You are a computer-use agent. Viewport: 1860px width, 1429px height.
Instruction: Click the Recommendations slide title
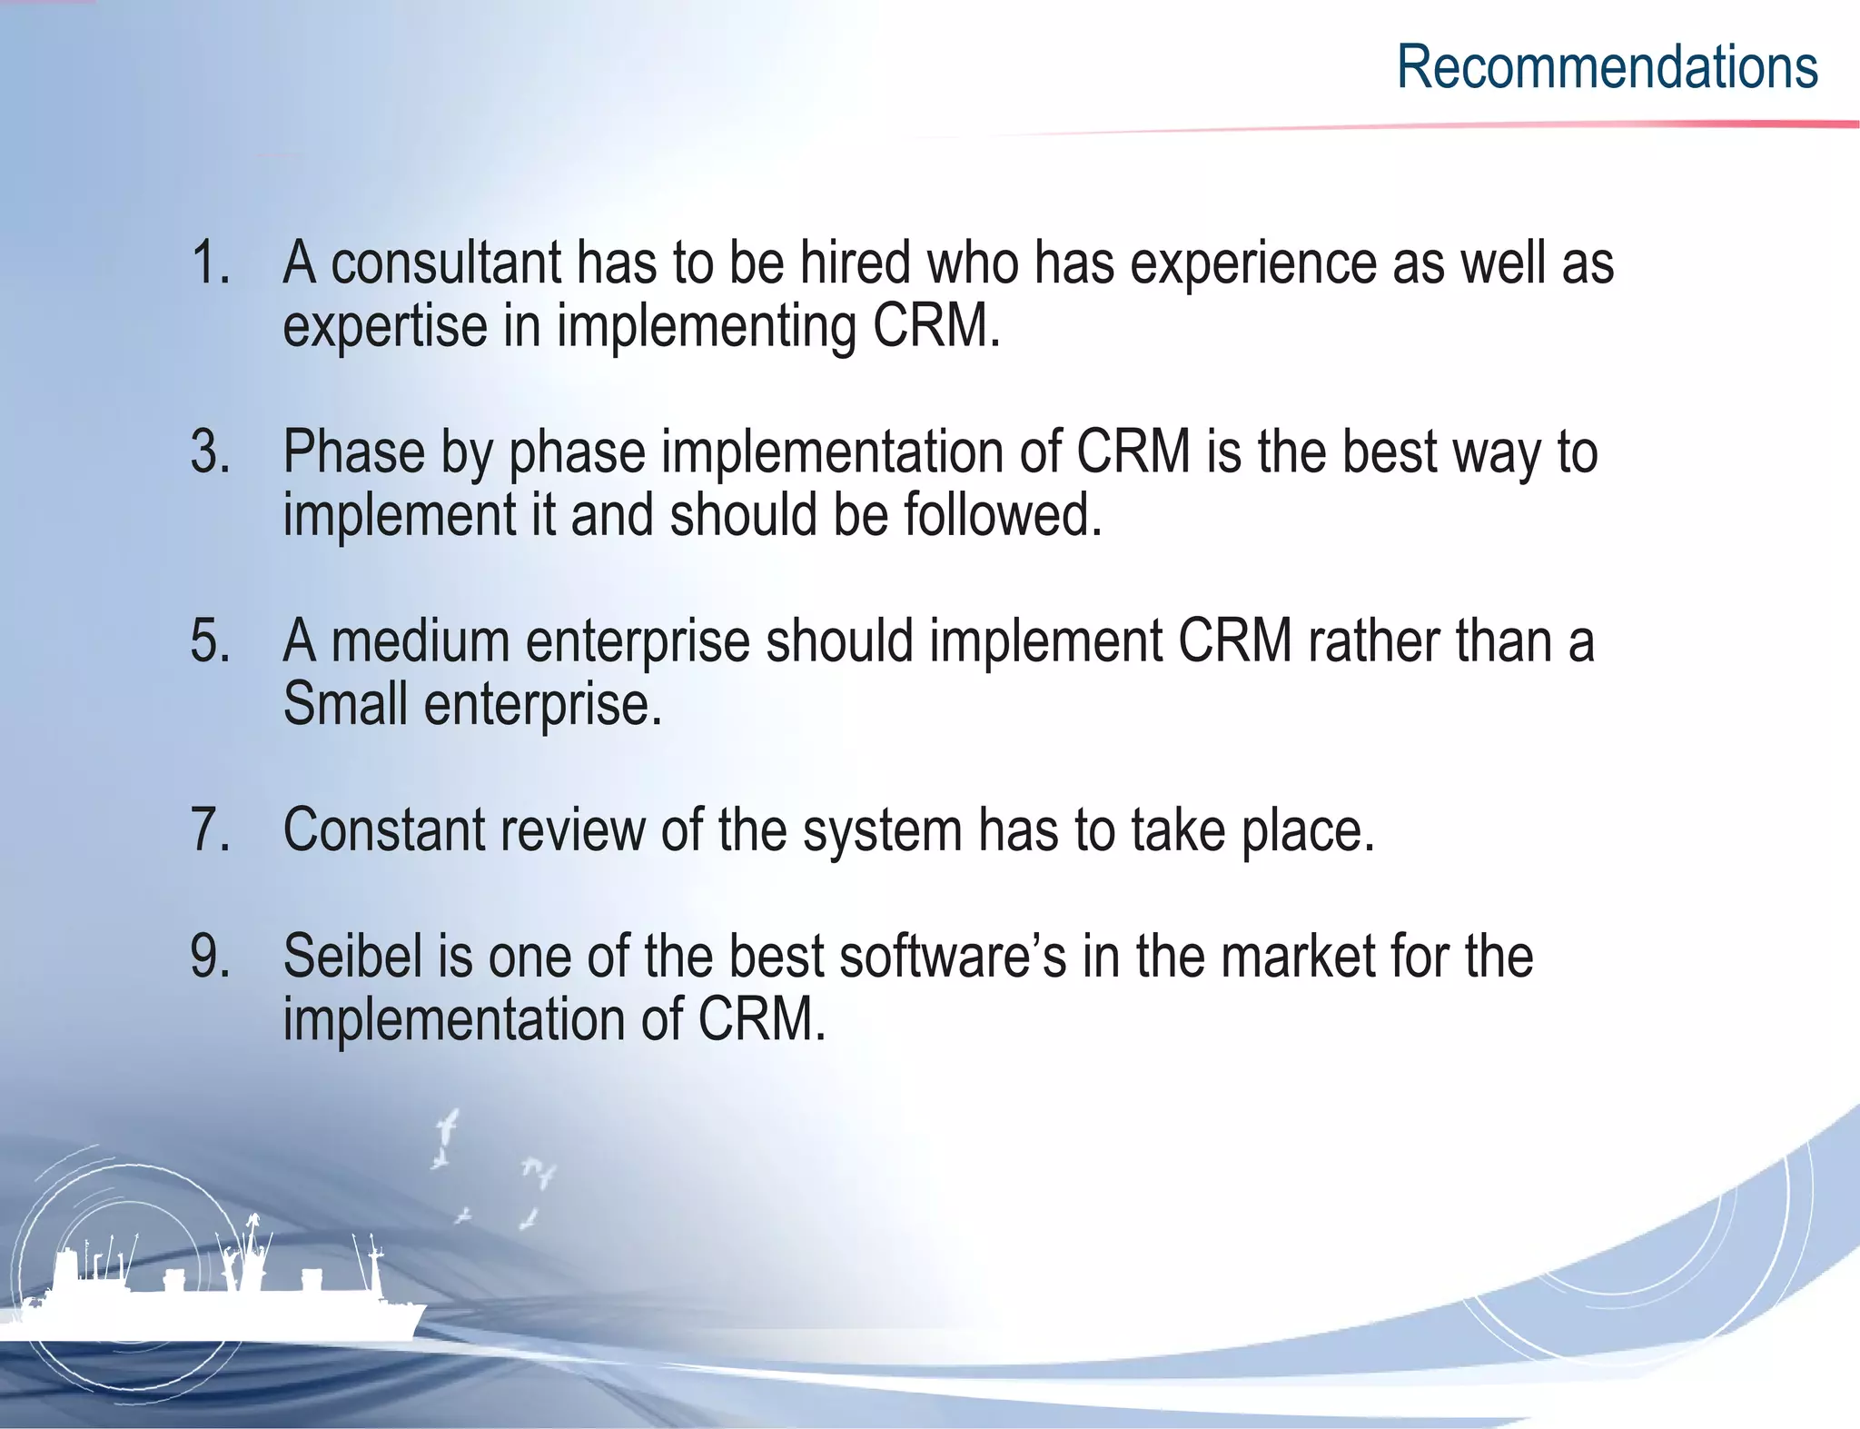pyautogui.click(x=1607, y=67)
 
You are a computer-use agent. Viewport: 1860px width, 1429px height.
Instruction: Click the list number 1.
pyautogui.click(x=211, y=263)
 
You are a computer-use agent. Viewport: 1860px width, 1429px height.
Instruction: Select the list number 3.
pyautogui.click(x=211, y=452)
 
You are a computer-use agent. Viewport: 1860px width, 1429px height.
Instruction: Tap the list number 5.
pyautogui.click(x=211, y=640)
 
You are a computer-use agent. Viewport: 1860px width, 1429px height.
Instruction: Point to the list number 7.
pyautogui.click(x=211, y=829)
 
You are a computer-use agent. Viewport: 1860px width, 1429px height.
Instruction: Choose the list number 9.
pyautogui.click(x=211, y=957)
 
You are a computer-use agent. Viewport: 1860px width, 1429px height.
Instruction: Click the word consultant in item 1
pyautogui.click(x=446, y=263)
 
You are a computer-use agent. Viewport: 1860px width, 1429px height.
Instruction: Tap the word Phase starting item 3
pyautogui.click(x=353, y=452)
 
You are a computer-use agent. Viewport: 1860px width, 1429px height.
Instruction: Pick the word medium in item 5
pyautogui.click(x=420, y=640)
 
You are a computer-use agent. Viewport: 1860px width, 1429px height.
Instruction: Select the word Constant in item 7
pyautogui.click(x=384, y=829)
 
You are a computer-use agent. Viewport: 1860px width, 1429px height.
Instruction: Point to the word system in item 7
pyautogui.click(x=882, y=831)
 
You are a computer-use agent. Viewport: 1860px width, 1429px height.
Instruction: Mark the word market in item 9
pyautogui.click(x=1291, y=957)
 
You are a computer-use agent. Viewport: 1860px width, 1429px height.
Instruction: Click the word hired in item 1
pyautogui.click(x=854, y=263)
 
